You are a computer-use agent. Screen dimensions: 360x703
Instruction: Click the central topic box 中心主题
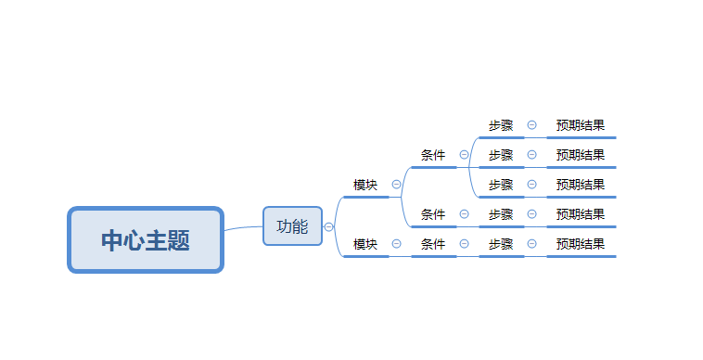pyautogui.click(x=146, y=240)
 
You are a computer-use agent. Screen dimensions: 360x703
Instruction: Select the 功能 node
pyautogui.click(x=292, y=225)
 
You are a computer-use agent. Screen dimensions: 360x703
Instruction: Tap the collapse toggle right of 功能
pyautogui.click(x=328, y=226)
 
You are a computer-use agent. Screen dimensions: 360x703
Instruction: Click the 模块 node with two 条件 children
pyautogui.click(x=365, y=185)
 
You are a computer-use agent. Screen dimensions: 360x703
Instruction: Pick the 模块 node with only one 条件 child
pyautogui.click(x=365, y=244)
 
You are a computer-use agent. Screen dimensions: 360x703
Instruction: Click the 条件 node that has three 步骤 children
pyautogui.click(x=433, y=155)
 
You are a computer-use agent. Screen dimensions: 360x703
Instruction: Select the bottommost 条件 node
pyautogui.click(x=433, y=244)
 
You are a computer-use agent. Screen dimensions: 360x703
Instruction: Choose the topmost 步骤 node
pyautogui.click(x=501, y=125)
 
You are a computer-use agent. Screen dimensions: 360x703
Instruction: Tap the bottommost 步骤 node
pyautogui.click(x=501, y=244)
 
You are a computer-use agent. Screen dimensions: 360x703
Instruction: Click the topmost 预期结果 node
pyautogui.click(x=581, y=125)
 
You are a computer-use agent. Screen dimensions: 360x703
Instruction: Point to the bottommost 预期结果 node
pyautogui.click(x=581, y=244)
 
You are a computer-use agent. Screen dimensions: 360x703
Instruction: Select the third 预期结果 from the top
pyautogui.click(x=581, y=185)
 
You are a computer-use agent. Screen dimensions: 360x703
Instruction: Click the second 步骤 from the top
pyautogui.click(x=501, y=155)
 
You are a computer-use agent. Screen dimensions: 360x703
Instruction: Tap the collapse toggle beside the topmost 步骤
pyautogui.click(x=531, y=125)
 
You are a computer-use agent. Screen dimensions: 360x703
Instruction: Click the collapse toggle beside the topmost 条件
pyautogui.click(x=464, y=155)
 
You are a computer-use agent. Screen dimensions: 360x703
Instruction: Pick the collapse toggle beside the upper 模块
pyautogui.click(x=396, y=185)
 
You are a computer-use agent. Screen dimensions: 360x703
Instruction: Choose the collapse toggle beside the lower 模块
pyautogui.click(x=396, y=244)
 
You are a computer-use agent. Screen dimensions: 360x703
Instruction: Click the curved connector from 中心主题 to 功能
pyautogui.click(x=243, y=227)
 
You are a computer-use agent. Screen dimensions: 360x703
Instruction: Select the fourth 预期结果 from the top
pyautogui.click(x=581, y=214)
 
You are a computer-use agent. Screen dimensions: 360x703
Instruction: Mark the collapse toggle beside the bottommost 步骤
pyautogui.click(x=531, y=244)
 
